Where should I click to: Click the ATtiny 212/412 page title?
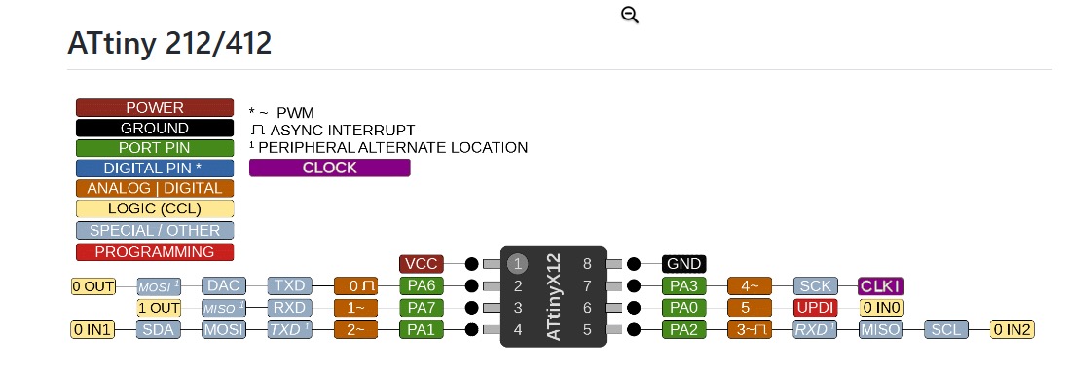pyautogui.click(x=169, y=44)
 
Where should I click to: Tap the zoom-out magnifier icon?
pyautogui.click(x=630, y=15)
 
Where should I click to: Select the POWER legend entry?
pyautogui.click(x=155, y=108)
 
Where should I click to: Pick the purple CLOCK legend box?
pyautogui.click(x=330, y=168)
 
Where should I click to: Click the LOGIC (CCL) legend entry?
pyautogui.click(x=155, y=208)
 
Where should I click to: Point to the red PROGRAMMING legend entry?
pyautogui.click(x=155, y=252)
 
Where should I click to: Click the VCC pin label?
pyautogui.click(x=421, y=264)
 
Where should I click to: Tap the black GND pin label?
pyautogui.click(x=683, y=264)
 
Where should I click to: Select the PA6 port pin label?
pyautogui.click(x=421, y=286)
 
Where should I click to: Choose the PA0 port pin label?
pyautogui.click(x=683, y=308)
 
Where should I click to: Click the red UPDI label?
pyautogui.click(x=816, y=308)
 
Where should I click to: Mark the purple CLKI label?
pyautogui.click(x=882, y=286)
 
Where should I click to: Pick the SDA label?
pyautogui.click(x=159, y=330)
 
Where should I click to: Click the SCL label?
pyautogui.click(x=944, y=330)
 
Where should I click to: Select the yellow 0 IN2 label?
pyautogui.click(x=1013, y=330)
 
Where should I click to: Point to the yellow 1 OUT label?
pyautogui.click(x=159, y=308)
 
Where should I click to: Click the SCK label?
pyautogui.click(x=816, y=286)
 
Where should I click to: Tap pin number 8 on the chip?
pyautogui.click(x=587, y=264)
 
